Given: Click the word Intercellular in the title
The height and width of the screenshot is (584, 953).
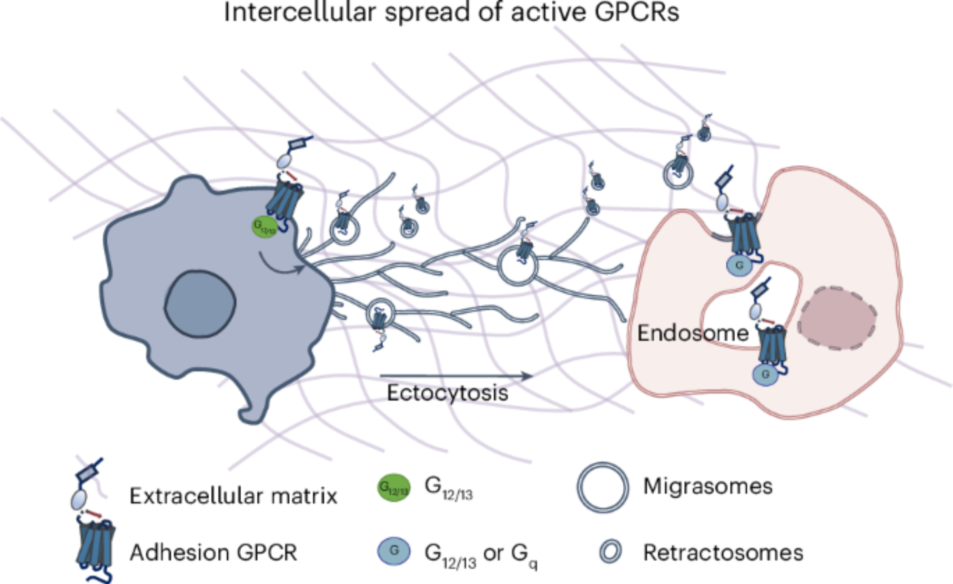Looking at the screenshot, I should click(300, 12).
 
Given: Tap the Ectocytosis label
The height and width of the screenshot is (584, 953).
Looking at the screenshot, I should click(447, 393).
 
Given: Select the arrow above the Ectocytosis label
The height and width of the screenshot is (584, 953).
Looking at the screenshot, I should click(456, 376).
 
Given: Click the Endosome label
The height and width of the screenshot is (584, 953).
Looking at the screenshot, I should click(693, 333).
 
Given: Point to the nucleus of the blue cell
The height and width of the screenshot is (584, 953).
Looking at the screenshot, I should click(200, 304).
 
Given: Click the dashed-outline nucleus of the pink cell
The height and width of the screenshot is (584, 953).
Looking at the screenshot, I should click(838, 318).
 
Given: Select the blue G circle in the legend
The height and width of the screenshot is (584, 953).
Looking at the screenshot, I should click(394, 551).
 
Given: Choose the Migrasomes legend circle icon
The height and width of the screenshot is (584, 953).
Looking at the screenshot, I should click(603, 487).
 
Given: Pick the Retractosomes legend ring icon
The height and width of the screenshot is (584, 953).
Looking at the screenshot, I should click(610, 552).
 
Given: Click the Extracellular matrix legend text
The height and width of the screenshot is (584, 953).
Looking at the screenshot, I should click(233, 496).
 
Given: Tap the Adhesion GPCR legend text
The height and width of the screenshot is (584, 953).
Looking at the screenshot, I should click(213, 553).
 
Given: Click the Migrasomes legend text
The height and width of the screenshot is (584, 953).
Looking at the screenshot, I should click(708, 486).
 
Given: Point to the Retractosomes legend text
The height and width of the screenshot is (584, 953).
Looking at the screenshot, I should click(723, 553).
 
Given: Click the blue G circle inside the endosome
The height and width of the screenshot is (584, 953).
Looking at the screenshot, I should click(765, 374).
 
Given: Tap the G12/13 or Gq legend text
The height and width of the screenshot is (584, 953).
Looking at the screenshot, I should click(481, 554).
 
